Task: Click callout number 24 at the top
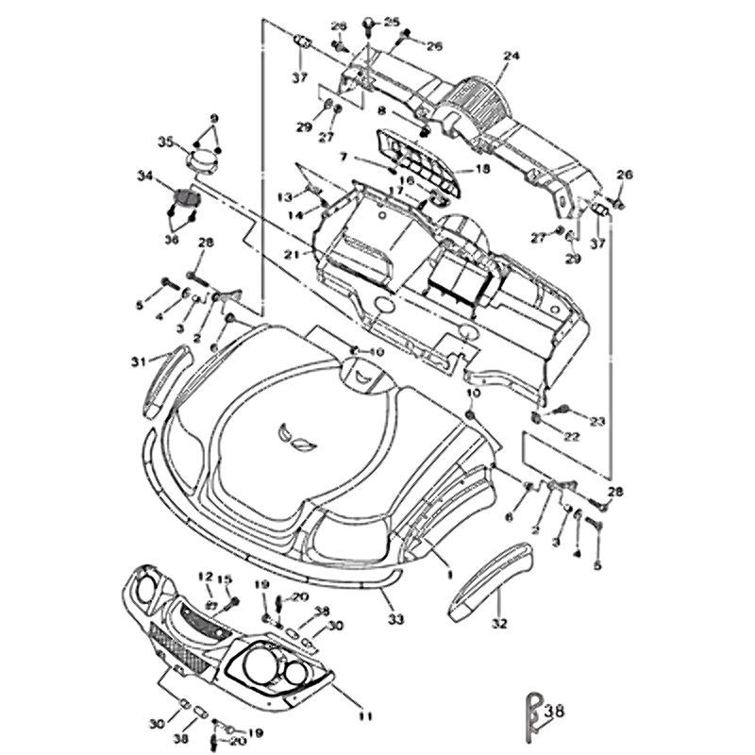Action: click(511, 56)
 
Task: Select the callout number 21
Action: click(291, 254)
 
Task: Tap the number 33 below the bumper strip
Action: click(395, 619)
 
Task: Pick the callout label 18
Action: click(483, 169)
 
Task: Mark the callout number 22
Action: click(572, 436)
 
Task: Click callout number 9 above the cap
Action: click(213, 118)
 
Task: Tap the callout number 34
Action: click(144, 175)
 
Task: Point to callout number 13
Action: click(284, 195)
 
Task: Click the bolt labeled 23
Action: click(566, 410)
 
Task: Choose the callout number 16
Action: click(408, 180)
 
